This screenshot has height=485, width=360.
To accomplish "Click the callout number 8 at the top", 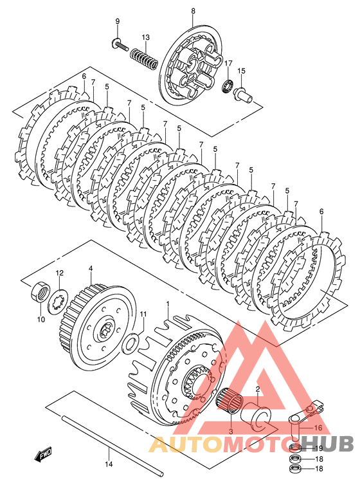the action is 193,11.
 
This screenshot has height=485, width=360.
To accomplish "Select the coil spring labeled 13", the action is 143,59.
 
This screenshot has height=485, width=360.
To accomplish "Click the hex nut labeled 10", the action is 40,291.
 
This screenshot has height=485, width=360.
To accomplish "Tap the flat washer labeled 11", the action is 131,343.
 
